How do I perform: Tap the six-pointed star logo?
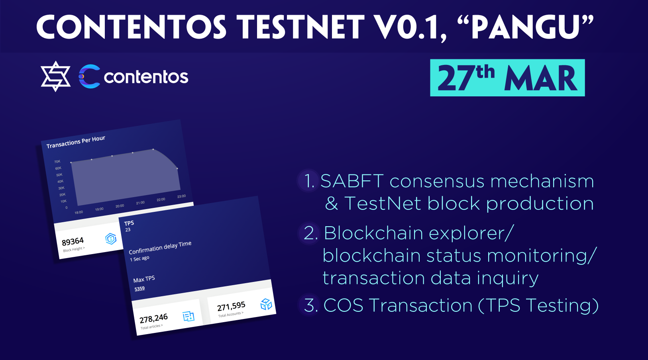55,76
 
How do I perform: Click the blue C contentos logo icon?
90,76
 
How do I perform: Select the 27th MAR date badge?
507,78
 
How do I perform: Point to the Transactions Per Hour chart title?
76,142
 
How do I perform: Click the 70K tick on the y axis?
57,161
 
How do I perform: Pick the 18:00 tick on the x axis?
79,212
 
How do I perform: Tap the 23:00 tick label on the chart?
181,196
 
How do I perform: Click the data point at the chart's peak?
153,149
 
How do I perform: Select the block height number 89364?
73,241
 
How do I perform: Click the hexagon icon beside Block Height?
111,239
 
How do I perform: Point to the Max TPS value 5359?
139,289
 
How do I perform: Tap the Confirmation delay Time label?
160,247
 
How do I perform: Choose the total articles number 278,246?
153,319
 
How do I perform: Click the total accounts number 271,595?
231,306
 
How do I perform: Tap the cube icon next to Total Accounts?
266,304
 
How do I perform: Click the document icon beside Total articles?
189,316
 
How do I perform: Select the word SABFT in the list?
352,181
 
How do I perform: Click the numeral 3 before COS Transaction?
310,305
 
